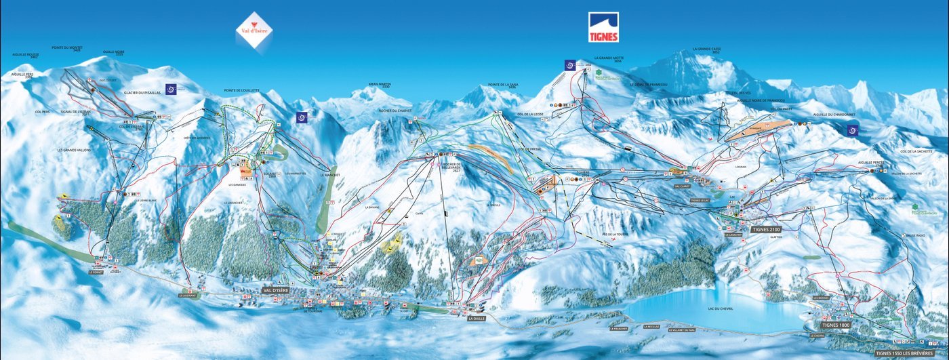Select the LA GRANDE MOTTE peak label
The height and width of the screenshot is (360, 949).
608,59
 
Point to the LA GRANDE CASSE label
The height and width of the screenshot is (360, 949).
706,49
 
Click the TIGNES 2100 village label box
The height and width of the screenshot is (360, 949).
767,230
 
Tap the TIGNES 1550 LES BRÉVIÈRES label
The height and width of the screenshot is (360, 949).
910,353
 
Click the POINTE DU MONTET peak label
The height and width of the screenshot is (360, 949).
66,48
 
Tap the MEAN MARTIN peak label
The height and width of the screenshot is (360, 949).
380,85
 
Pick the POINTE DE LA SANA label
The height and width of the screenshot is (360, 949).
502,85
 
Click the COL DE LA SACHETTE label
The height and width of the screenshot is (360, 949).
914,151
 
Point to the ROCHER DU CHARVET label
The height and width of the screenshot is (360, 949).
395,111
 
